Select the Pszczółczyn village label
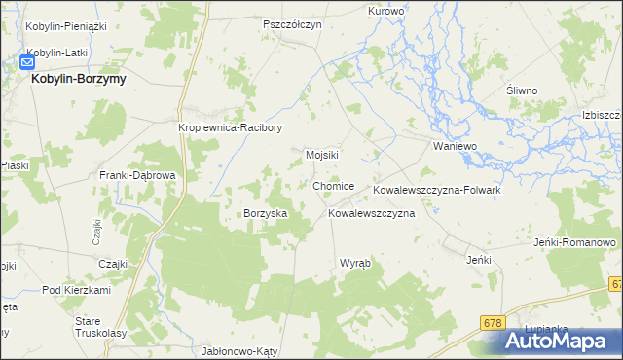tap(292, 24)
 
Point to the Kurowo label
tap(385, 11)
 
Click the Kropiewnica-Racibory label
tap(231, 127)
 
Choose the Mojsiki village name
tap(321, 155)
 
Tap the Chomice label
tap(334, 186)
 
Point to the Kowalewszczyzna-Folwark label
tap(436, 190)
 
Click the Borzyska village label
tap(265, 213)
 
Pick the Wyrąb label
tap(354, 264)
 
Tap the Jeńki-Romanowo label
tap(576, 242)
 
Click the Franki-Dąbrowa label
tap(137, 175)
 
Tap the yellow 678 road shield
tap(495, 321)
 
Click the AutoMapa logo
tap(562, 342)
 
